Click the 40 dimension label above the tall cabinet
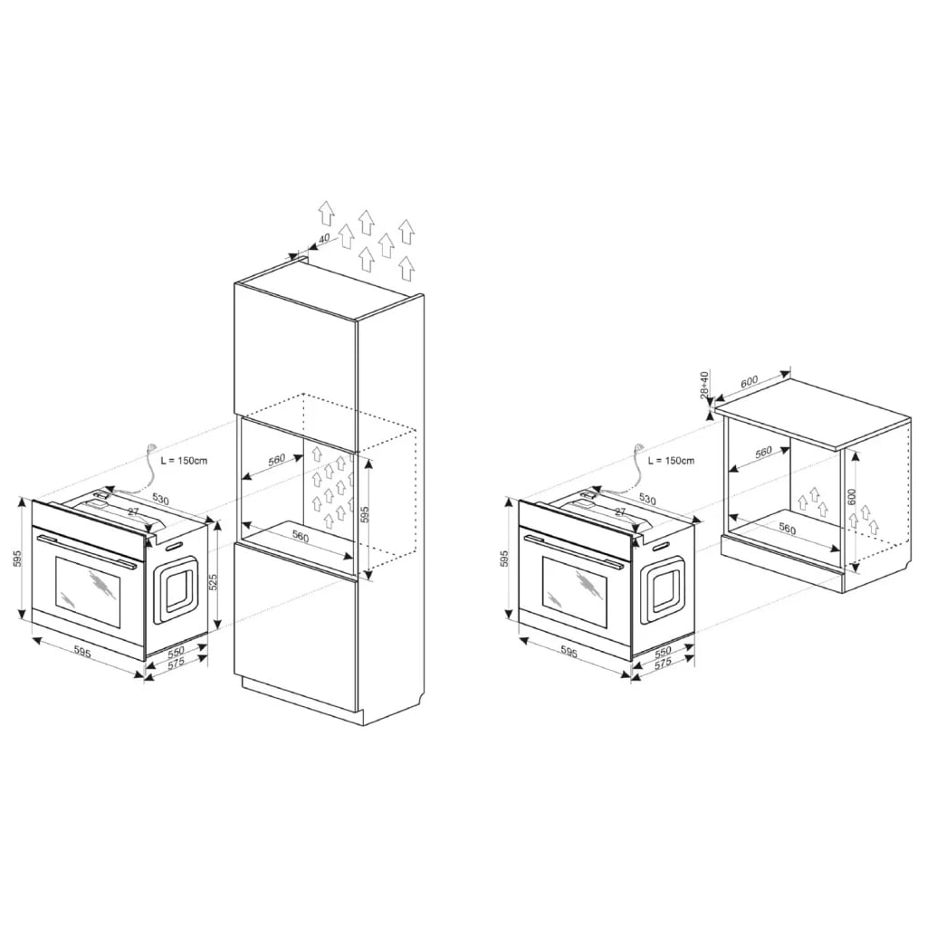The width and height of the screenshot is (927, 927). (x=324, y=238)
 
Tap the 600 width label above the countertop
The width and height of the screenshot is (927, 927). (x=749, y=381)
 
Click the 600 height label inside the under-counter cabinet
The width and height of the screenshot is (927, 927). (x=852, y=497)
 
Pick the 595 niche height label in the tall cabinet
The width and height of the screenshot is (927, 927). (x=365, y=514)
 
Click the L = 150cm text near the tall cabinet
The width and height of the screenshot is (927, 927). (x=184, y=461)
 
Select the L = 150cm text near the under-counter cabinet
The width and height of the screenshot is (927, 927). (x=671, y=461)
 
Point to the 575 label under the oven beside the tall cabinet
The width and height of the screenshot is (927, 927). (x=177, y=663)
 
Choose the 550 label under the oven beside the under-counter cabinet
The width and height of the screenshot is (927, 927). (x=664, y=651)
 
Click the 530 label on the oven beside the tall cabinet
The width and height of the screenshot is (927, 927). (x=160, y=499)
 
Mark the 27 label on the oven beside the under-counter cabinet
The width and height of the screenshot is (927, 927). (x=620, y=512)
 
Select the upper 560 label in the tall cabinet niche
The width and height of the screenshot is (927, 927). (x=276, y=460)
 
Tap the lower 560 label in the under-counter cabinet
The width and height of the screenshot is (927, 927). (x=787, y=529)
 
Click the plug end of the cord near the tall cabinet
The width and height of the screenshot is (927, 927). (x=152, y=447)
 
